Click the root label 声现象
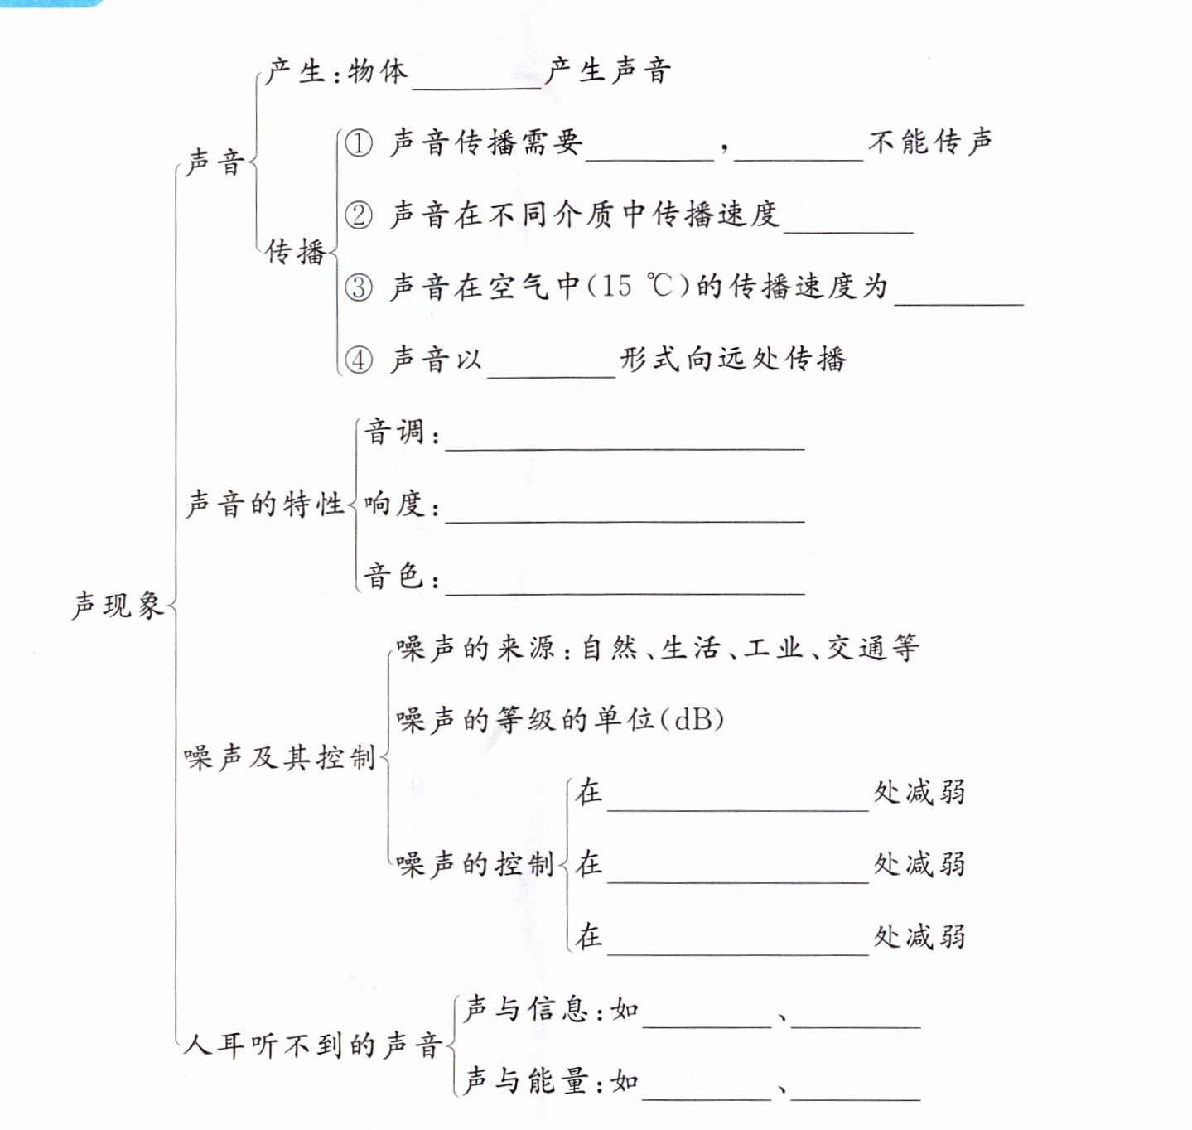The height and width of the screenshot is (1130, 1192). click(x=118, y=606)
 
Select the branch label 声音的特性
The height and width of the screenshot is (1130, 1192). click(x=264, y=504)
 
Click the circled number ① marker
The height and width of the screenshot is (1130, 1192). click(x=359, y=143)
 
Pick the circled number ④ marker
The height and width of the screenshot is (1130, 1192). click(x=359, y=360)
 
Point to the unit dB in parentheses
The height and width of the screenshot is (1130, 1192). click(x=693, y=719)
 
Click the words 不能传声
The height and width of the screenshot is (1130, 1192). click(x=930, y=142)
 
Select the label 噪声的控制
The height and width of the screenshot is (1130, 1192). click(x=475, y=864)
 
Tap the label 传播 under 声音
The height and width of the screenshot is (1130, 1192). click(x=295, y=251)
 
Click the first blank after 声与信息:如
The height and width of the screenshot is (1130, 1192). click(x=707, y=1020)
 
